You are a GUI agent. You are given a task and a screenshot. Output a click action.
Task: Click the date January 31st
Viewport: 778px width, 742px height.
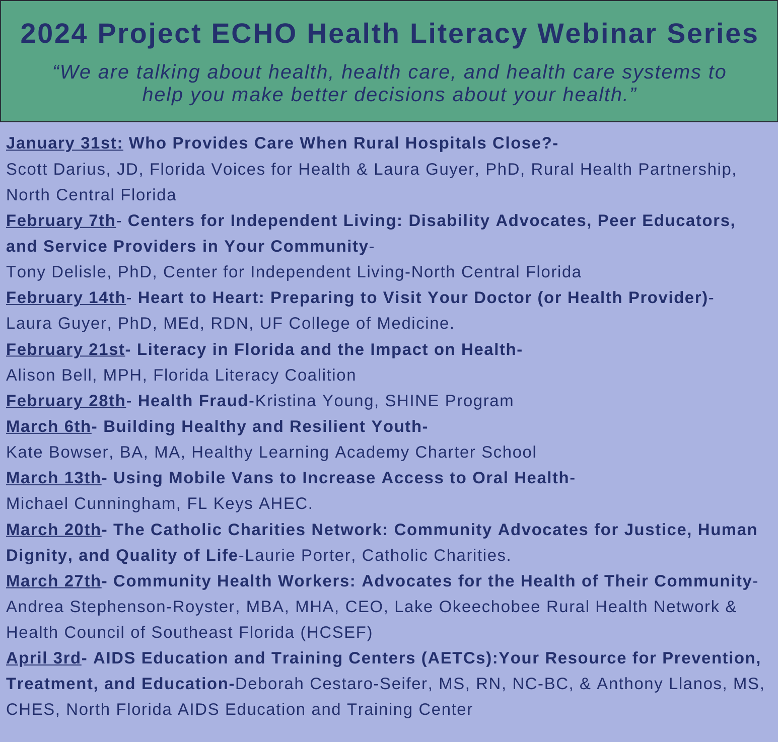64,143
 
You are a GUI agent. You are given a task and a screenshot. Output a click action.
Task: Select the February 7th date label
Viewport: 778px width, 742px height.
60,220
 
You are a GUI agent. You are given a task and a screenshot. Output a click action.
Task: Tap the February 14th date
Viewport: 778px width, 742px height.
65,298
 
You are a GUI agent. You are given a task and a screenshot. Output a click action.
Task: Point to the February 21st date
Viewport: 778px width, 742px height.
65,349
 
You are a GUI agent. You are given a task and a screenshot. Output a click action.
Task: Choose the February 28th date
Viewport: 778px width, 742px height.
65,401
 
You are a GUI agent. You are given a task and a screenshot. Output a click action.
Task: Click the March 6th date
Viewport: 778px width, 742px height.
48,426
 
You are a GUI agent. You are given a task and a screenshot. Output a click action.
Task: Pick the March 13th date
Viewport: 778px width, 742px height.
53,478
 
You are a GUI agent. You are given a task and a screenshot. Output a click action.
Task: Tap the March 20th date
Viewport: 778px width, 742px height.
53,530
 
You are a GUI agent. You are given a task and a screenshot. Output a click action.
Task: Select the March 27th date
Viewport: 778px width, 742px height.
53,581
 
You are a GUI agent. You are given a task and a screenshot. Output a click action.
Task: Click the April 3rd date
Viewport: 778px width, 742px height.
43,658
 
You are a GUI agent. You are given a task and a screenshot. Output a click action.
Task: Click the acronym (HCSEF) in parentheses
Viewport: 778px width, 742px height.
336,632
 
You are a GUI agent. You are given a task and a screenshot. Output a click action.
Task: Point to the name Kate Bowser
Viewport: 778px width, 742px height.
57,452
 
